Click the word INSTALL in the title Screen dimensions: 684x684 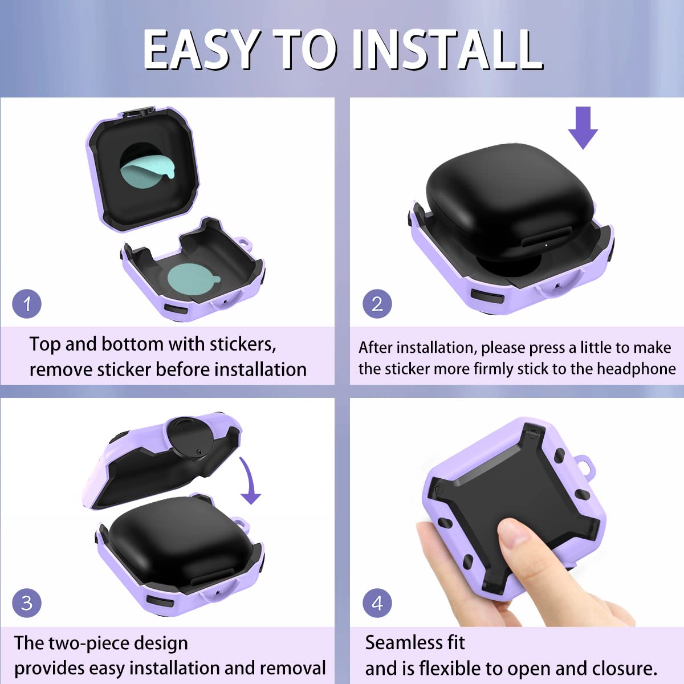coord(447,49)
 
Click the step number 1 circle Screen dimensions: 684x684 coord(27,304)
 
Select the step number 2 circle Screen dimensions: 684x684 coord(377,304)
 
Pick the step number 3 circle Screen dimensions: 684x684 coord(27,603)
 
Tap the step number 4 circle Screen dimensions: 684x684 coord(377,603)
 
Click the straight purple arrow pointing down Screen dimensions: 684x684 coord(583,128)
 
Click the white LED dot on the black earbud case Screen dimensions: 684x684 coord(546,245)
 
